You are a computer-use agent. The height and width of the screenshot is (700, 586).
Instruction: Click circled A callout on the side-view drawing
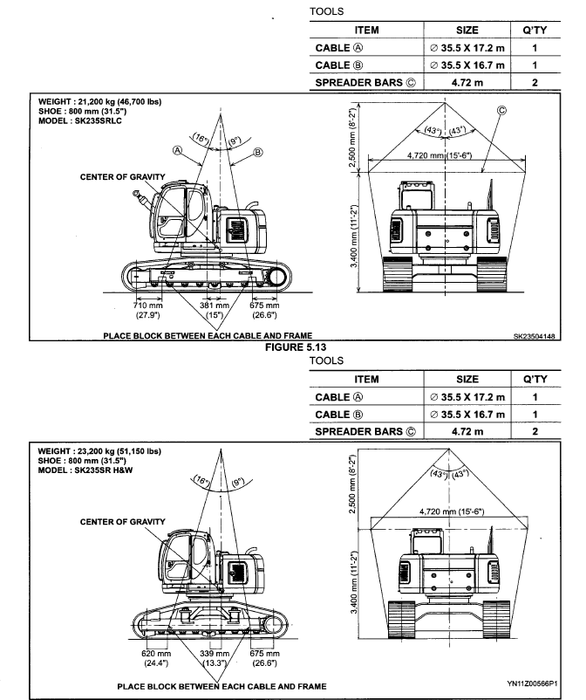178,149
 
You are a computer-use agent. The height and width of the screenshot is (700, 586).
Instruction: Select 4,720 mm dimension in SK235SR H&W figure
446,511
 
